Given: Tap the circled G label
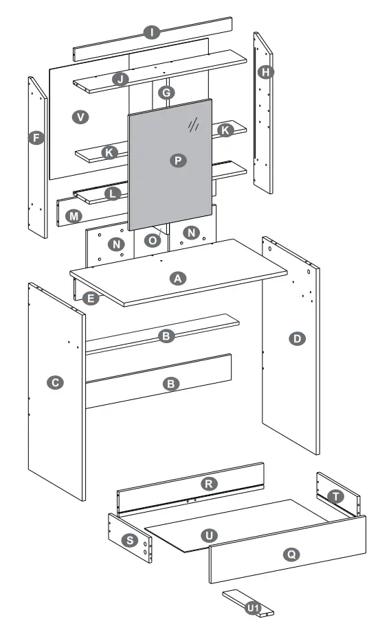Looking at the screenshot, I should (x=165, y=92).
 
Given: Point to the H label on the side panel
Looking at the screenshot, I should (x=265, y=71).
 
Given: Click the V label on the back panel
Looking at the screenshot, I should (x=81, y=117).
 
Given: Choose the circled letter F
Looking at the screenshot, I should (x=37, y=138).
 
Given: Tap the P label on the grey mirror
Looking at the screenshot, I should (x=177, y=160).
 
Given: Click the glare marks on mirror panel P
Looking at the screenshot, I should (x=194, y=124).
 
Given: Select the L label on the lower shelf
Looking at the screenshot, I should (x=112, y=194).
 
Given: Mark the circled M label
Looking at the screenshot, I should (x=74, y=216).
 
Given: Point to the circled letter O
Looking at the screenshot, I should (x=153, y=240).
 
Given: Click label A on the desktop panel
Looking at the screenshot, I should (x=177, y=278).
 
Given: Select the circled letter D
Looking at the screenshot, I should (x=297, y=338).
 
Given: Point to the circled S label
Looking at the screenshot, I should (x=128, y=540).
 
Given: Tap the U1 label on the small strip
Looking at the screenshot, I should (x=253, y=608).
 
